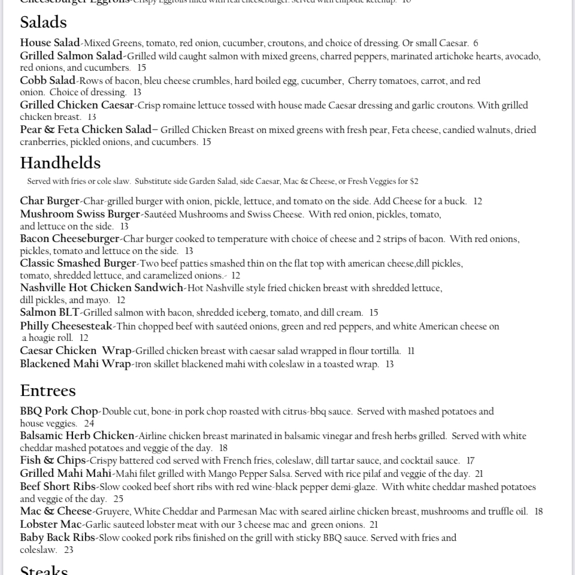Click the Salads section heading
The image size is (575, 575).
pyautogui.click(x=43, y=23)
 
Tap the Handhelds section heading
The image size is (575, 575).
pyautogui.click(x=60, y=163)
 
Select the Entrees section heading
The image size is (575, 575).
pyautogui.click(x=48, y=391)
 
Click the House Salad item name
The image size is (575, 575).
pyautogui.click(x=50, y=43)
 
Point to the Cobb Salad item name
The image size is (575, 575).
pyautogui.click(x=48, y=80)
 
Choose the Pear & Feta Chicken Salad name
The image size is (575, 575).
pyautogui.click(x=86, y=130)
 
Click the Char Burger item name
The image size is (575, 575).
pyautogui.click(x=50, y=201)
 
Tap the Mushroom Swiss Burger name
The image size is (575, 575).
pyautogui.click(x=80, y=214)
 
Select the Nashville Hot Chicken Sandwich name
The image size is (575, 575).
pyautogui.click(x=102, y=288)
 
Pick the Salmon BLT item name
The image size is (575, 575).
pyautogui.click(x=50, y=313)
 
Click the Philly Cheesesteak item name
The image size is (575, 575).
pyautogui.click(x=66, y=326)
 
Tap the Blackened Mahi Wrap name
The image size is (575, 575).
pyautogui.click(x=75, y=364)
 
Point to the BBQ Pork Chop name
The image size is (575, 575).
pyautogui.click(x=59, y=411)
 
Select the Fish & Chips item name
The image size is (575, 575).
pyautogui.click(x=53, y=461)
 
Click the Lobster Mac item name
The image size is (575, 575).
pyautogui.click(x=50, y=525)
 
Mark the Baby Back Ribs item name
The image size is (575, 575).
pyautogui.click(x=57, y=538)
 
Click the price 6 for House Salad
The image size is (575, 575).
pyautogui.click(x=476, y=44)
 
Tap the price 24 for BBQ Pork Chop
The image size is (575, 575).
pyautogui.click(x=89, y=424)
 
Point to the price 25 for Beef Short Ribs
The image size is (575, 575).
pyautogui.click(x=118, y=499)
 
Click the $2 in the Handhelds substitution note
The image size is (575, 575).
pyautogui.click(x=414, y=181)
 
